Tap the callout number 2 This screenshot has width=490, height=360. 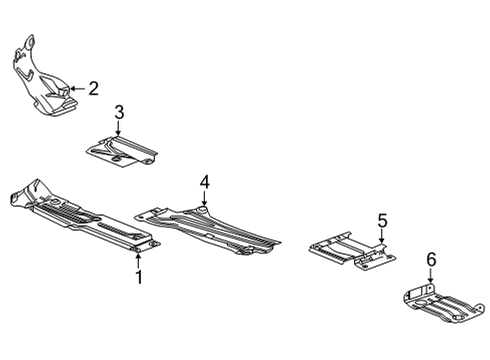coord(93,89)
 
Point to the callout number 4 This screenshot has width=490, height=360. coord(204,182)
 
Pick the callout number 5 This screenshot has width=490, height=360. coord(381,221)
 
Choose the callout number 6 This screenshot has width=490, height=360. coord(431,262)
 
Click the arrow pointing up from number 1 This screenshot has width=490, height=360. coord(139,255)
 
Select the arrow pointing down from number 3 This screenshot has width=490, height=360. coord(118,133)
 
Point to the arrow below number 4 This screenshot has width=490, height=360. coord(204,201)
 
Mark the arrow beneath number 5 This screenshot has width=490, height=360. coord(381,237)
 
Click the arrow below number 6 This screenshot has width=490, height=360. coord(431,281)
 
